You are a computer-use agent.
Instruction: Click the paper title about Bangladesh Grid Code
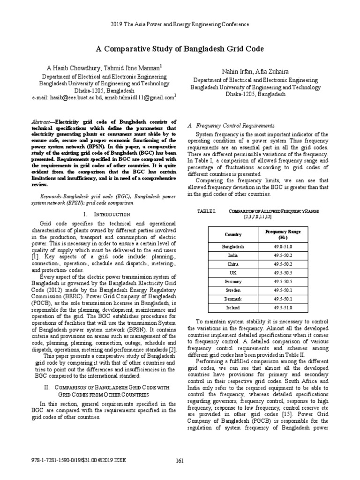pos(180,49)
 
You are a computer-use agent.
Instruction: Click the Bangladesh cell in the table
pos(232,247)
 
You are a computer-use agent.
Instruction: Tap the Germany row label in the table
pos(232,281)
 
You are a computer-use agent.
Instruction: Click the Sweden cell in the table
pos(232,290)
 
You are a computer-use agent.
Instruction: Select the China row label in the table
pos(232,264)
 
